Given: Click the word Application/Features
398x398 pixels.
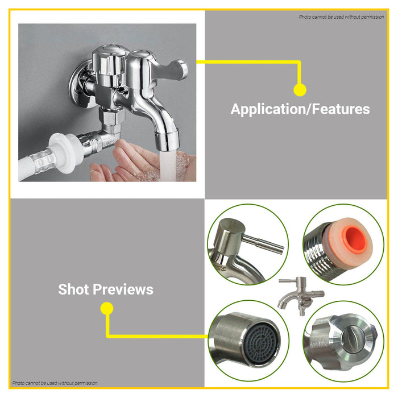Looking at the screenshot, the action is tap(300, 109).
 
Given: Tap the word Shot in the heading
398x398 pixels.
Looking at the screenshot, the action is tap(73, 289).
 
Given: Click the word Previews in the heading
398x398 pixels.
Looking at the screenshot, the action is tap(123, 289).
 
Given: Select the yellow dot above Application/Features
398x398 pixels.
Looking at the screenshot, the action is tap(300, 90).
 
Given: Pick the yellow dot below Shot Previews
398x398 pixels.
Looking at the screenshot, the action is tap(107, 308).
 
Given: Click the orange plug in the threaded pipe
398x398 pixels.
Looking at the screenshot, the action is tap(356, 240).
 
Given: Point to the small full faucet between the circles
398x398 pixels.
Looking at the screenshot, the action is tap(301, 296).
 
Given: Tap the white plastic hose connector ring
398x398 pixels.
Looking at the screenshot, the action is tap(66, 152).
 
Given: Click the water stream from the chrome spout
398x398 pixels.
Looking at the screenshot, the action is tap(168, 165).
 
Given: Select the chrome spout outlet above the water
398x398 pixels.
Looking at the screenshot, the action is tap(167, 140).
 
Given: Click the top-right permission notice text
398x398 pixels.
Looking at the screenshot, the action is tap(341, 17).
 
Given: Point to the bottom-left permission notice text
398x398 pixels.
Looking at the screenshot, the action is tap(55, 383).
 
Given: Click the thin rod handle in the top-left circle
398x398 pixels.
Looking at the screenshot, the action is tap(263, 244).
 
